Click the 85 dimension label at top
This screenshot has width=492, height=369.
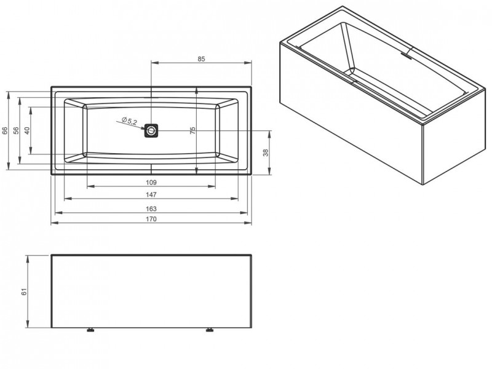tap(201, 58)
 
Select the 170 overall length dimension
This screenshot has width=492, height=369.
tap(151, 220)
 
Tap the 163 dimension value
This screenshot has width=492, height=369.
tap(151, 208)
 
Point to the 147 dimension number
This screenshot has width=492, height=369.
tap(151, 194)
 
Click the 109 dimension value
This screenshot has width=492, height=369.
tap(151, 183)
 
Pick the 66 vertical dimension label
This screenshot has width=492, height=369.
tap(5, 130)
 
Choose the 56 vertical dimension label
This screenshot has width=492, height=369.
tap(17, 130)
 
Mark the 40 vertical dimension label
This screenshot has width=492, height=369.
tap(27, 130)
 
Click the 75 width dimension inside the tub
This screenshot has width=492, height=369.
tap(192, 130)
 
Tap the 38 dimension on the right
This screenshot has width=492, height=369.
tap(266, 153)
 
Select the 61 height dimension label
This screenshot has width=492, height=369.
tap(24, 292)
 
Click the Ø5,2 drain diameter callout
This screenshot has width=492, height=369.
tap(129, 121)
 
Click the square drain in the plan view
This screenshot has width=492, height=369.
tap(151, 130)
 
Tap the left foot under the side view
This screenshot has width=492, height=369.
tap(91, 331)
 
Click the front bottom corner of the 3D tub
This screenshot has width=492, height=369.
tap(424, 186)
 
